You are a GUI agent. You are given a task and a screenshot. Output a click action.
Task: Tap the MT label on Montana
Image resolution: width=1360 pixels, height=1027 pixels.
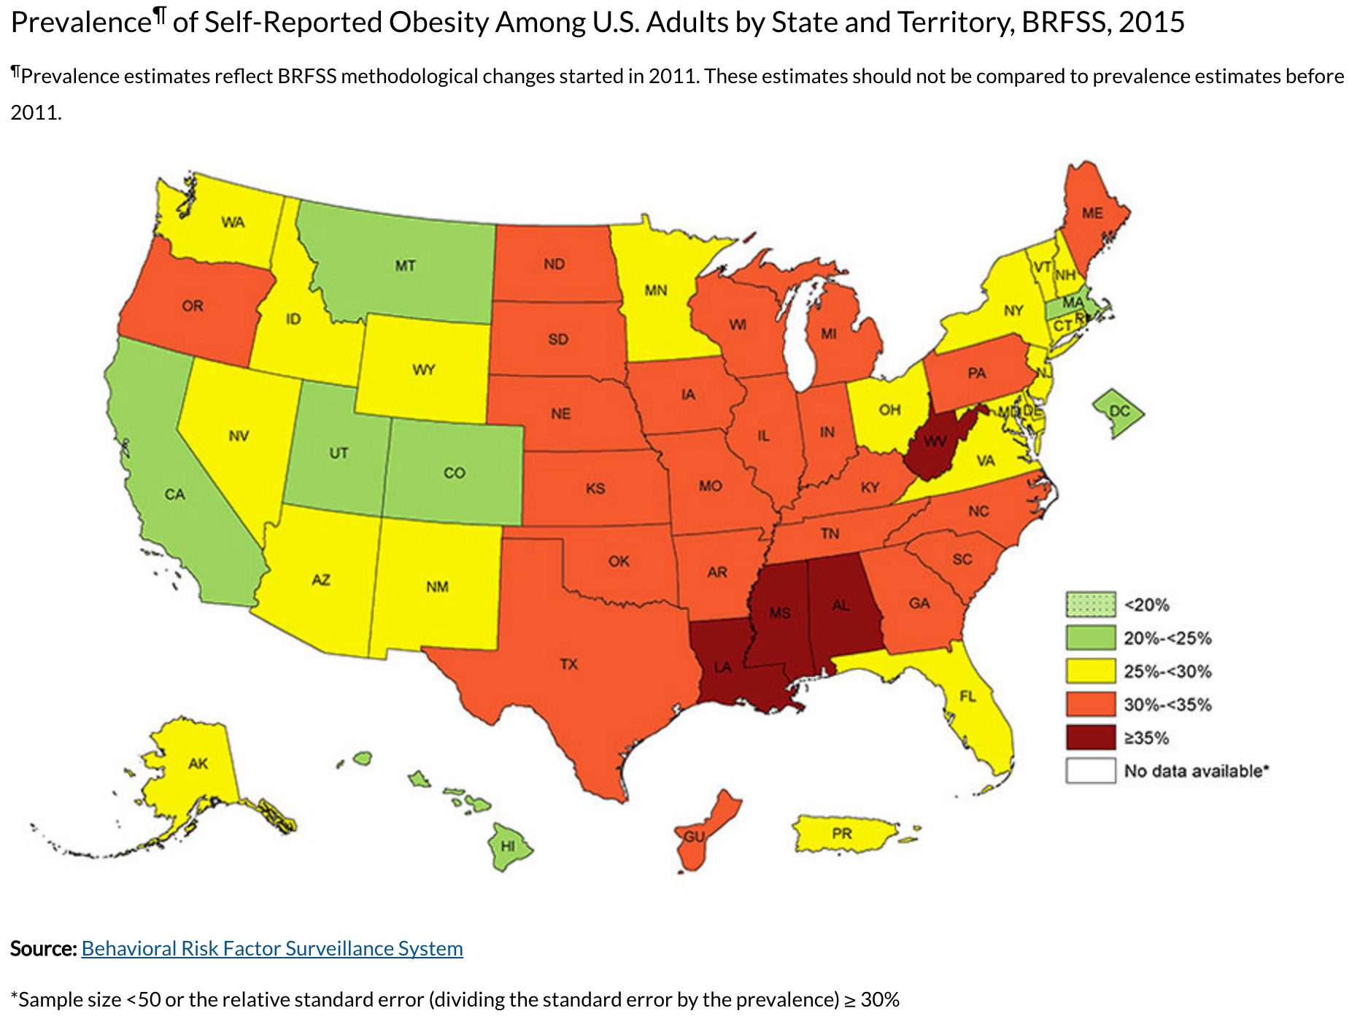tap(405, 266)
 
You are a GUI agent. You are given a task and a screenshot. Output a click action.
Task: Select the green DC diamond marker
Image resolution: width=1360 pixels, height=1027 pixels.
tap(1118, 412)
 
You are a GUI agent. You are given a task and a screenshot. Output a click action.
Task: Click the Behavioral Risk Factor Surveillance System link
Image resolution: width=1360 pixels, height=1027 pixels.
tap(272, 948)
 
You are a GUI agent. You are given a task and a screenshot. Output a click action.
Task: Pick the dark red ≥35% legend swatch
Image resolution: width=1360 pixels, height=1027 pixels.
tap(1091, 737)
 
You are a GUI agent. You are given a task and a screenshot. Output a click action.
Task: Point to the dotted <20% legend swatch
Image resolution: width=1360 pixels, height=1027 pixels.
tap(1091, 604)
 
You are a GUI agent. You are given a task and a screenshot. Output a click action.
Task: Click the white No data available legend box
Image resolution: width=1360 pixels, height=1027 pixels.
tap(1091, 771)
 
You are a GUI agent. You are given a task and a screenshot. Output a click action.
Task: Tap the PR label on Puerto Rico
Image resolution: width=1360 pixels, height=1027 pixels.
tap(841, 833)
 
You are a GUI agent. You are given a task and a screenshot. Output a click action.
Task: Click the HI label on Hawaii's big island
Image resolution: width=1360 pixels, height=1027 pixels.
tap(508, 846)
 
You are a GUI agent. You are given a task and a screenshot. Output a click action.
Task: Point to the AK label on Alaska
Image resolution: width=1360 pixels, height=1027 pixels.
tap(198, 764)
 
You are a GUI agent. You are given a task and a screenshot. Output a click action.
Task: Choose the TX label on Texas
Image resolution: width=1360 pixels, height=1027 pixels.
tap(568, 664)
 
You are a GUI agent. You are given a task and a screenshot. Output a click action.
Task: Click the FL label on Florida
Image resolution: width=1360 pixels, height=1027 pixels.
tap(967, 697)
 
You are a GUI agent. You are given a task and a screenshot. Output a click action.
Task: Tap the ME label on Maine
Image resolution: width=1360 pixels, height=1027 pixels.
tap(1092, 213)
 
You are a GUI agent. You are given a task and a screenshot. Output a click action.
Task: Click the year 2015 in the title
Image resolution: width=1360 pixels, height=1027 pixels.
tap(1151, 22)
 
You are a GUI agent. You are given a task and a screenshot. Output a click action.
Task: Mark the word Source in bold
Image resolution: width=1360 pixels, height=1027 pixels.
tap(43, 948)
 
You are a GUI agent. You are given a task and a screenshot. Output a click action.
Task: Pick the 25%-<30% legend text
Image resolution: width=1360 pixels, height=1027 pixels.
tap(1167, 671)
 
